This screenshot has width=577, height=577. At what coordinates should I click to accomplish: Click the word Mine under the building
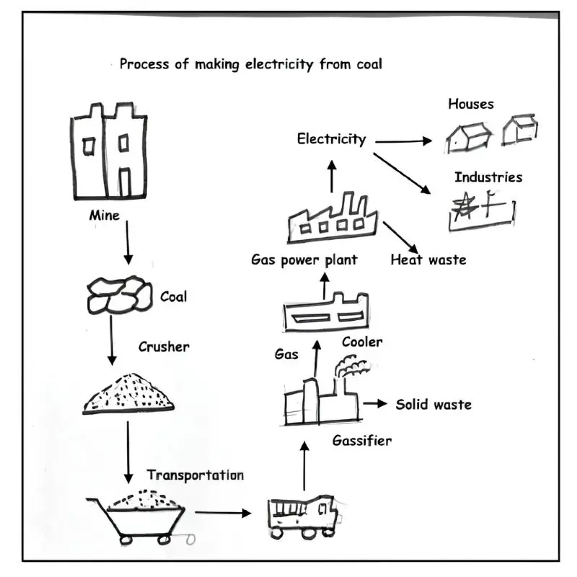[105, 215]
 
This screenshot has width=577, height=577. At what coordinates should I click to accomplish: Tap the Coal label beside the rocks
[174, 296]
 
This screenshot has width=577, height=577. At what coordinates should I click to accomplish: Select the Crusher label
[164, 347]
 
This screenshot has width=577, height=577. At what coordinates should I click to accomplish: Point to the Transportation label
[195, 475]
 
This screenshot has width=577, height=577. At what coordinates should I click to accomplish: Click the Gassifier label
[362, 440]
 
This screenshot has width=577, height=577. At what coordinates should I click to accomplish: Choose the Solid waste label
[433, 405]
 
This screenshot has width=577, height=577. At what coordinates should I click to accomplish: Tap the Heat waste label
[428, 260]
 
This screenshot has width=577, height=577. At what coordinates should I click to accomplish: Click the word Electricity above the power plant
[332, 139]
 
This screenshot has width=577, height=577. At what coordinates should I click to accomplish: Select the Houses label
[471, 104]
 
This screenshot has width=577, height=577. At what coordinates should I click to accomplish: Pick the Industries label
[488, 177]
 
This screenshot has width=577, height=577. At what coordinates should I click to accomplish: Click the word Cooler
[362, 342]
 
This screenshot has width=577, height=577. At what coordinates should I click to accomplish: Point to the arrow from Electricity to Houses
[404, 141]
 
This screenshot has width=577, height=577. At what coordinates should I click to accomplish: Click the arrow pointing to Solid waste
[375, 404]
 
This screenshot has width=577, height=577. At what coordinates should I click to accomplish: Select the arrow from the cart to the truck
[223, 513]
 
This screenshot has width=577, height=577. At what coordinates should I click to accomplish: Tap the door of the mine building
[125, 182]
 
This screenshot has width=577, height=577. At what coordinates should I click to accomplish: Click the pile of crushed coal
[128, 393]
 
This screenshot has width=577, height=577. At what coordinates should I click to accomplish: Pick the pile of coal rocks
[120, 295]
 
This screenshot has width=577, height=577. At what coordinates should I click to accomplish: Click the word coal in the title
[369, 64]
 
